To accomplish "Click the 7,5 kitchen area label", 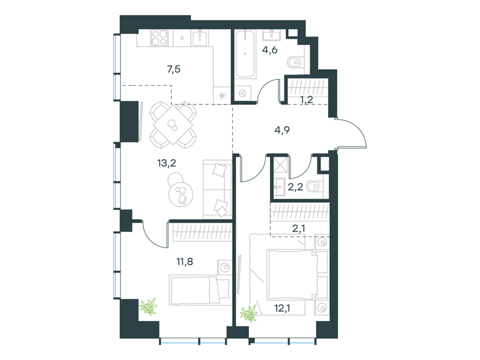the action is click(x=173, y=70).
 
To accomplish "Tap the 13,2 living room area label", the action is click(x=167, y=163).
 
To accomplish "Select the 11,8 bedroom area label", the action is click(x=185, y=262).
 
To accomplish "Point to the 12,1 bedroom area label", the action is click(x=282, y=308).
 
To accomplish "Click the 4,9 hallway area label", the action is click(x=282, y=130).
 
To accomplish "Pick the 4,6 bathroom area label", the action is click(x=269, y=50).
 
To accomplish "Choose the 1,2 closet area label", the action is click(x=306, y=100).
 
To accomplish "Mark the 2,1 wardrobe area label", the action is click(x=298, y=228).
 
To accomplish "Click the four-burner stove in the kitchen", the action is click(x=159, y=38).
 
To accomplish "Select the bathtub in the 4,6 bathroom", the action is click(x=245, y=54).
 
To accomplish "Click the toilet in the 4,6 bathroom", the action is click(x=296, y=62).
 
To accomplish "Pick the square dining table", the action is click(x=173, y=125).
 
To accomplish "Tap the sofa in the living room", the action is click(x=217, y=189).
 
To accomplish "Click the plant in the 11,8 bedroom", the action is click(x=148, y=306).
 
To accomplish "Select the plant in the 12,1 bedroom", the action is click(x=248, y=314).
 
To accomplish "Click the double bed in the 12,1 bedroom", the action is click(x=298, y=275).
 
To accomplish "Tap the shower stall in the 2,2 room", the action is click(x=281, y=164).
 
